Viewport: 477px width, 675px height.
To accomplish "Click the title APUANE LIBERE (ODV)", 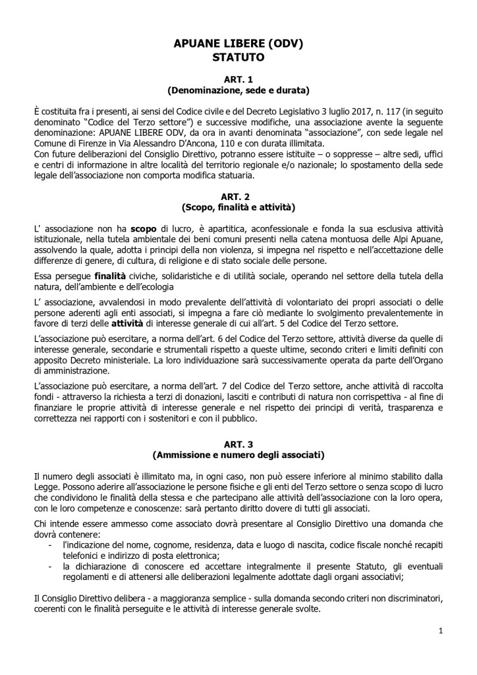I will tap(238, 44).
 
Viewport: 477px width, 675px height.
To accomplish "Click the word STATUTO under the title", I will tap(238, 57).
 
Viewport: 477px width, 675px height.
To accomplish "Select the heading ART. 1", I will tap(238, 79).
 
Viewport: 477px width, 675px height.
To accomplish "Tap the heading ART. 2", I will tap(238, 196).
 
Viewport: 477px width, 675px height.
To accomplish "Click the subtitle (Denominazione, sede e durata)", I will tap(238, 90).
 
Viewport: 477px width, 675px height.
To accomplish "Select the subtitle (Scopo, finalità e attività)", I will tap(238, 207).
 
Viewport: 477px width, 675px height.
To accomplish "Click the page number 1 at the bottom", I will tap(440, 631).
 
